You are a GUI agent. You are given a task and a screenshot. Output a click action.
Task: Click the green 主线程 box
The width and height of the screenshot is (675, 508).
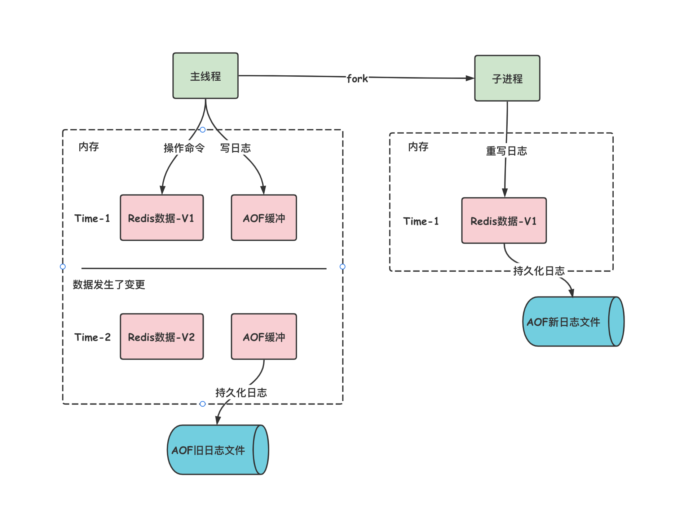point(205,76)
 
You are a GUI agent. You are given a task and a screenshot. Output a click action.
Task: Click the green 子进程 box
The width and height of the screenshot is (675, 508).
point(507,79)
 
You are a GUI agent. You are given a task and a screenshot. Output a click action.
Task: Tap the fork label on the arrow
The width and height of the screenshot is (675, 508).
point(357,79)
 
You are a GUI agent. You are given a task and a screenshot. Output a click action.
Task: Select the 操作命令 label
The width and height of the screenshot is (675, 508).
point(184,148)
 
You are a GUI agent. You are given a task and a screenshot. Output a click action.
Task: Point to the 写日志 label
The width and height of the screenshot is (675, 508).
point(235,148)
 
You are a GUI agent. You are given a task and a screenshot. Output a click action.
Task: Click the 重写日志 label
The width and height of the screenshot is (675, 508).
point(506,151)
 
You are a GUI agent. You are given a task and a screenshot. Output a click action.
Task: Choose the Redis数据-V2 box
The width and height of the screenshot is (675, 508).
point(162,337)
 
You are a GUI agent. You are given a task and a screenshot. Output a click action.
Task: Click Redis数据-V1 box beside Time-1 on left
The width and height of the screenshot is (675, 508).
point(162,218)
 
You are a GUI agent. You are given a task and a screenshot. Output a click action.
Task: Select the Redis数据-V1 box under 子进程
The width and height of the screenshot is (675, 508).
point(504,221)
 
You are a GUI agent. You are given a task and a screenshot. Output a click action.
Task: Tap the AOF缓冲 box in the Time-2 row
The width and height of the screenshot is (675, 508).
point(264,337)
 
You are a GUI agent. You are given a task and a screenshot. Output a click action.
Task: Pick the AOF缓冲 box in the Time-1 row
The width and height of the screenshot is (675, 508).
point(264,218)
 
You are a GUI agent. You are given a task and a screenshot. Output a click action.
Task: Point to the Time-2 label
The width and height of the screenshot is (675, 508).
point(92,337)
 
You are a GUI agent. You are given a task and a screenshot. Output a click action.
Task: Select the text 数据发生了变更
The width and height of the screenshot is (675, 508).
point(109,285)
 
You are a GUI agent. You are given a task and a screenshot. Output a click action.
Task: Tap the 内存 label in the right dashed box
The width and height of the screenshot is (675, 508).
point(418,147)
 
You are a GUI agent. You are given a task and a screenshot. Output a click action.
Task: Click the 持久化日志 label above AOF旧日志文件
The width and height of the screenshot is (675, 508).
point(241,393)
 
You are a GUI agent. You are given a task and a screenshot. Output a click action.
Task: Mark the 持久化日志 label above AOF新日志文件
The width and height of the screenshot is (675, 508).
point(539,271)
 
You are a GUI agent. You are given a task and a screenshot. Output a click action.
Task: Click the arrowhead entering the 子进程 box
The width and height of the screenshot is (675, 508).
point(470,78)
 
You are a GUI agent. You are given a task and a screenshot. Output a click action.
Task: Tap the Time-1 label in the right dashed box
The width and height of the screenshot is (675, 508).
point(421,221)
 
